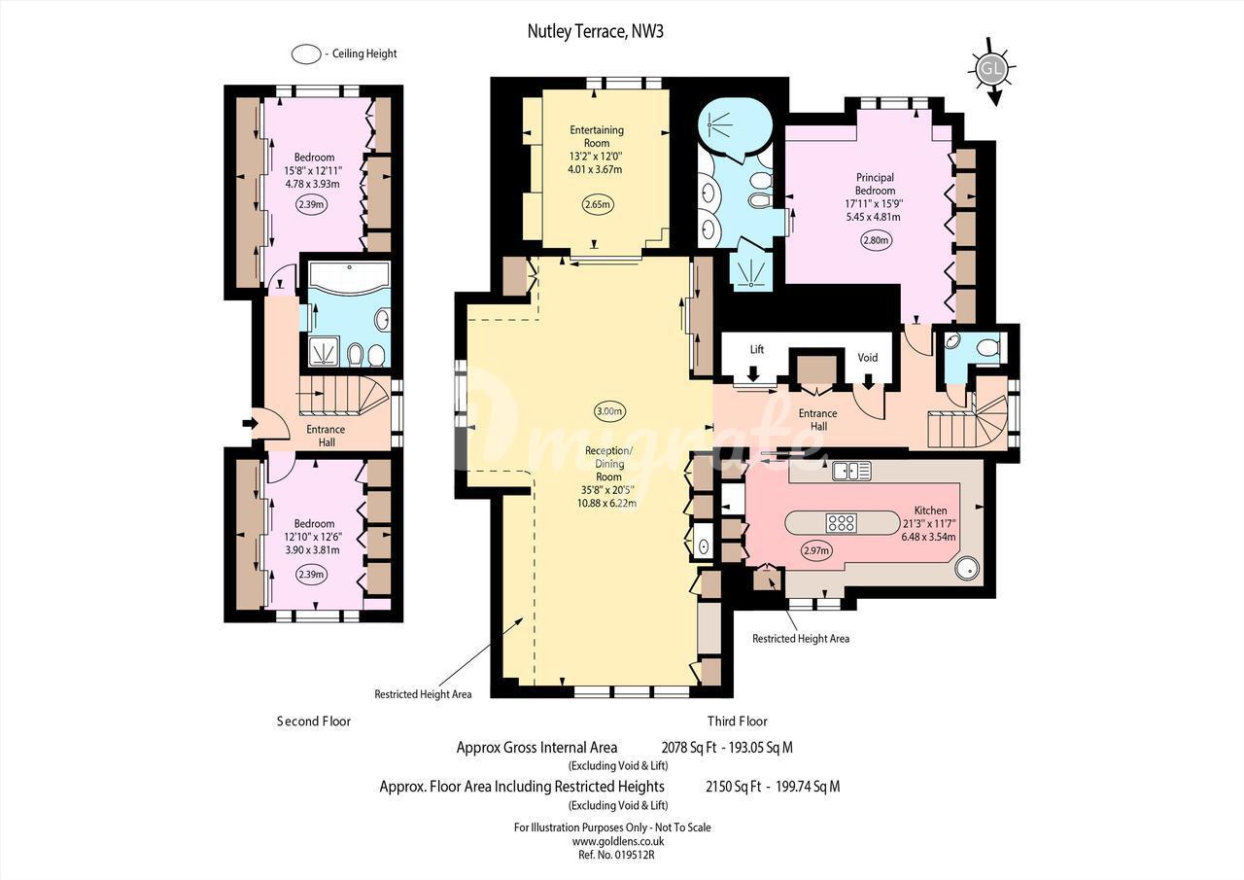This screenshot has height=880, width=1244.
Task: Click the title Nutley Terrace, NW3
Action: point(595,32)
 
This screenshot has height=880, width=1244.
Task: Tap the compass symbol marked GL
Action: point(992,69)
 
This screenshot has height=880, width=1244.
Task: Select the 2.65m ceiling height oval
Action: point(597,204)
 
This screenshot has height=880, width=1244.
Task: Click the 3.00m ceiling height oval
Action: point(609,411)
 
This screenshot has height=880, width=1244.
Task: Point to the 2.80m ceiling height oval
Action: point(877,240)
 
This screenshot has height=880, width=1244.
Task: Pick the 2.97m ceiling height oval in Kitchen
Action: point(816,551)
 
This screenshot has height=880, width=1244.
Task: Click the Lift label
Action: point(757,349)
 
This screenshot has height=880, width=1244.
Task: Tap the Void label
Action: point(868,357)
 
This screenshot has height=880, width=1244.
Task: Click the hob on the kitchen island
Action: point(842,523)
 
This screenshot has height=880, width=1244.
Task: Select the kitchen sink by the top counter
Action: point(850,472)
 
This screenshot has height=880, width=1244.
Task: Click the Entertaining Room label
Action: point(597,136)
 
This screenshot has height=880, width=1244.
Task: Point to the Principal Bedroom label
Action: point(875,184)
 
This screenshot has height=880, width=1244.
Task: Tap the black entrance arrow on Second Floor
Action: point(251,423)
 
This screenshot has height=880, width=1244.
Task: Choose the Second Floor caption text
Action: point(314,722)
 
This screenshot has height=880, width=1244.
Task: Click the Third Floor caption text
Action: point(737,722)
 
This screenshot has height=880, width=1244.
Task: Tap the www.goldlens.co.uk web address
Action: point(618,841)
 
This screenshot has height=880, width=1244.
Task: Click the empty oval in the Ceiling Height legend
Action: point(306,53)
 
